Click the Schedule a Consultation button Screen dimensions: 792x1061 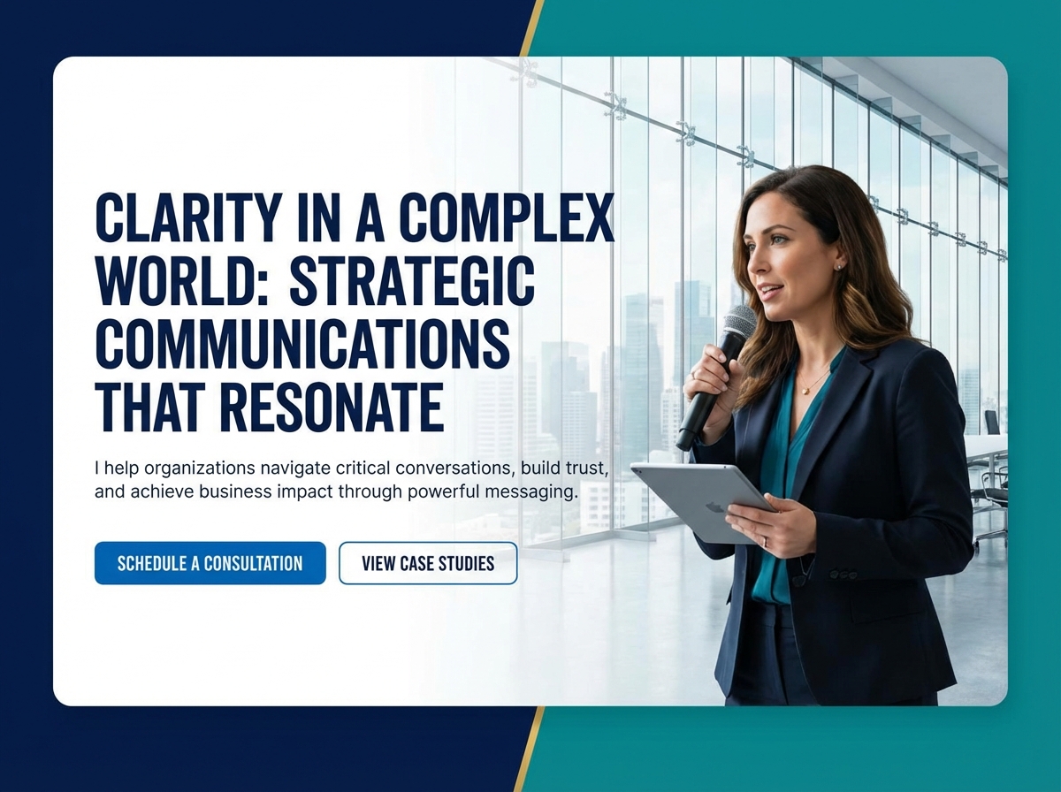click(210, 563)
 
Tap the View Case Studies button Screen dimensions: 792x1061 click(428, 563)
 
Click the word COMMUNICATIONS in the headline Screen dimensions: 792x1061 click(302, 345)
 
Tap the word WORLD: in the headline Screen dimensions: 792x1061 click(185, 281)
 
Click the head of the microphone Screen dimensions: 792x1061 click(739, 322)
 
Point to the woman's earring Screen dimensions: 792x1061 click(837, 266)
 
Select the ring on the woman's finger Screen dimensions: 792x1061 click(766, 541)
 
